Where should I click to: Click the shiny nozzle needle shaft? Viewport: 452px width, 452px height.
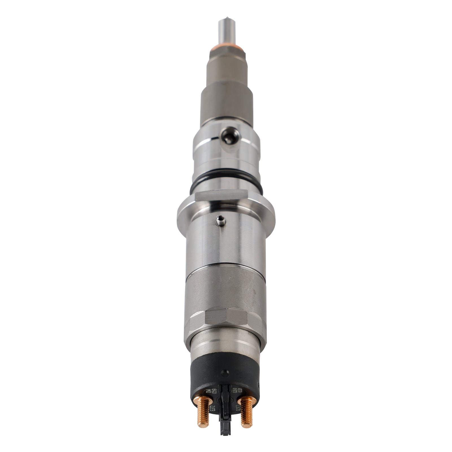225,31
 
